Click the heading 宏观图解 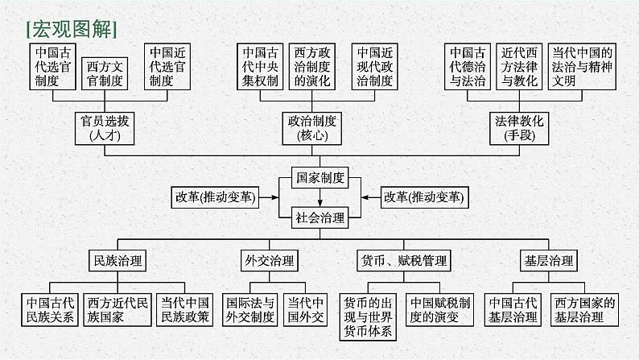point(72,29)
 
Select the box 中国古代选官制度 point(52,67)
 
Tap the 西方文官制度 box point(105,74)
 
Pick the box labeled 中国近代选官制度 point(167,67)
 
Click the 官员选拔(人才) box point(105,128)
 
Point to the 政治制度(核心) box point(311,128)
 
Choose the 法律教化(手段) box point(519,128)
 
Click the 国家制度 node point(320,178)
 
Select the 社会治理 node point(320,217)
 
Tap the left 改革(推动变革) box point(215,197)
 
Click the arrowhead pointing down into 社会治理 point(320,204)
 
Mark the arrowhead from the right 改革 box point(365,197)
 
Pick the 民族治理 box point(117,260)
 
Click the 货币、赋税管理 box point(404,260)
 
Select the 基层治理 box point(549,260)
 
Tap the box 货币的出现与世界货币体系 point(368,317)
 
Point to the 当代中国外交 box point(305,310)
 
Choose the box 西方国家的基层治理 point(584,310)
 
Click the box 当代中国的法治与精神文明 point(582,67)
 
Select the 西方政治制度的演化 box point(311,67)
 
